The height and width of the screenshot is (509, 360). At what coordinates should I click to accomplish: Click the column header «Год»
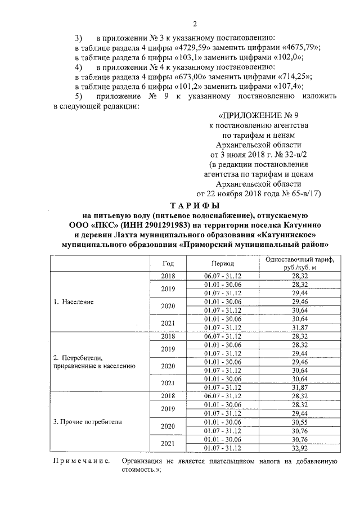point(168,263)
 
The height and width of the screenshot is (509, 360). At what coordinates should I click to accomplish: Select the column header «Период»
point(223,263)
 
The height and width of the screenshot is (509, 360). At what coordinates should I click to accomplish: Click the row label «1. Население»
point(73,301)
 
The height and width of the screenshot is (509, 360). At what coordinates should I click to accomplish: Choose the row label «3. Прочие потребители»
point(87,421)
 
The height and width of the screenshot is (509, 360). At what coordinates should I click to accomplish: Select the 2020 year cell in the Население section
point(168,306)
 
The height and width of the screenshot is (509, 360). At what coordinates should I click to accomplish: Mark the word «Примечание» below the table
point(81,461)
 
